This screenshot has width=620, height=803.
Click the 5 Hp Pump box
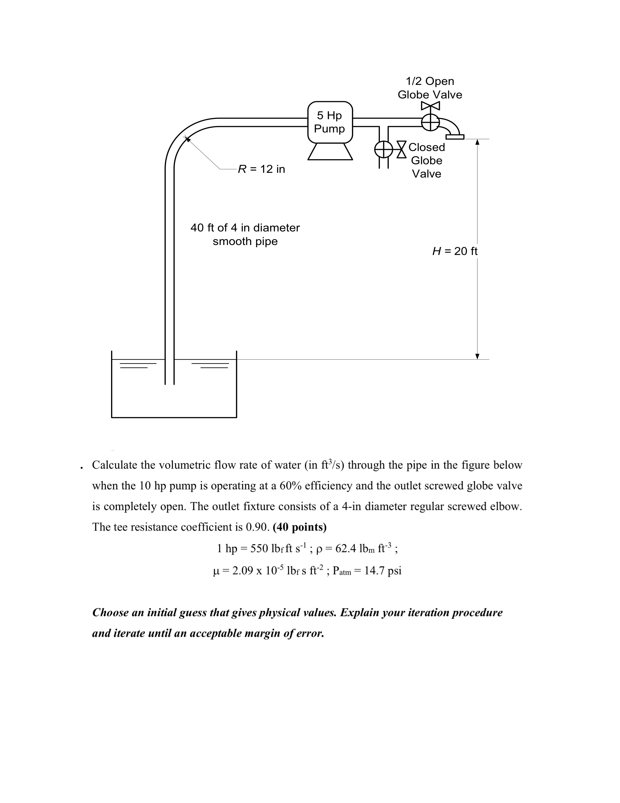click(x=330, y=122)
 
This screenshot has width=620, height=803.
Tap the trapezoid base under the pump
click(x=330, y=152)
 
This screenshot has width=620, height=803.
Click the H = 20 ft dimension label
click(x=455, y=251)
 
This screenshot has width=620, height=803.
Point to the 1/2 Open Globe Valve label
click(x=430, y=88)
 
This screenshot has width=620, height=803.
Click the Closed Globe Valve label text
click(x=426, y=160)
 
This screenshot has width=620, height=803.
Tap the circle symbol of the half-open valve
click(x=430, y=122)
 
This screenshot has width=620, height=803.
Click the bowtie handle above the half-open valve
click(x=430, y=106)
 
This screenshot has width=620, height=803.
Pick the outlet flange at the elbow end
click(x=455, y=137)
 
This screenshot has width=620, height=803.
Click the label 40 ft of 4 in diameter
click(x=245, y=228)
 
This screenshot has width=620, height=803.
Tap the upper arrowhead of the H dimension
click(x=477, y=142)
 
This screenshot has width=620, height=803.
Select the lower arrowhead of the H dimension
click(x=477, y=356)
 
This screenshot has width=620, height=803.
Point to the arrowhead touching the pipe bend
click(x=187, y=139)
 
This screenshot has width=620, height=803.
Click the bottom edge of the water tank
click(x=174, y=417)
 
